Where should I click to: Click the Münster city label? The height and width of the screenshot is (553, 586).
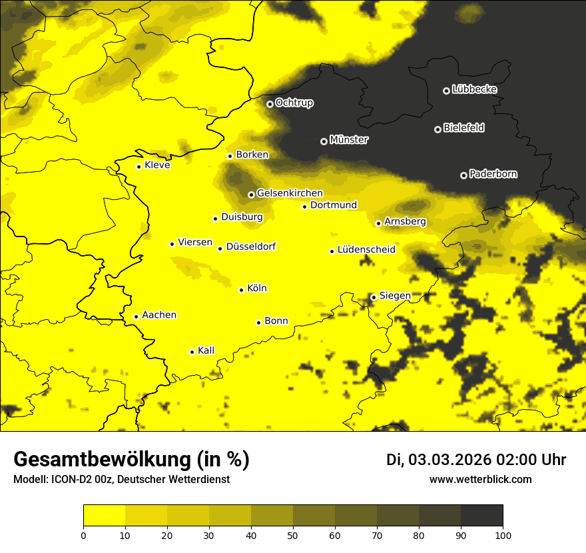[348, 140]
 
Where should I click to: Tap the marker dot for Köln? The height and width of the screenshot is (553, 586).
[241, 290]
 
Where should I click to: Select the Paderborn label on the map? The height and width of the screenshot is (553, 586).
[493, 174]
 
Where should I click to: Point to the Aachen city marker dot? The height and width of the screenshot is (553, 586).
[136, 316]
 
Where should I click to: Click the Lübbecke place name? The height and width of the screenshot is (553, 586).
[474, 89]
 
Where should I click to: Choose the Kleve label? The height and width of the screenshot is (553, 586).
[157, 165]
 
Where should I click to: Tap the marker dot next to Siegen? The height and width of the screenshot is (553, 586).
[374, 297]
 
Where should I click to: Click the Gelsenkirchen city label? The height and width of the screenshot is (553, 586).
[290, 193]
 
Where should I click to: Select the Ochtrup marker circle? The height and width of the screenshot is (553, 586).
[270, 104]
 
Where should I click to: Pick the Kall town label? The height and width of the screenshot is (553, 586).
[206, 350]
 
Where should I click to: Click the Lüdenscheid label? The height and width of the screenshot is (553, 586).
[366, 249]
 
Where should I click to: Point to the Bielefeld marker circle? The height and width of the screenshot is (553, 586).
[438, 129]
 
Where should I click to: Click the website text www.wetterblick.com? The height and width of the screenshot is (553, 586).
[480, 479]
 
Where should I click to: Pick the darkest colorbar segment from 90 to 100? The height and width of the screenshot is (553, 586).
[481, 515]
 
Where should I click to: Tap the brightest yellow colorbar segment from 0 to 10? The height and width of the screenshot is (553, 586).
[104, 515]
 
